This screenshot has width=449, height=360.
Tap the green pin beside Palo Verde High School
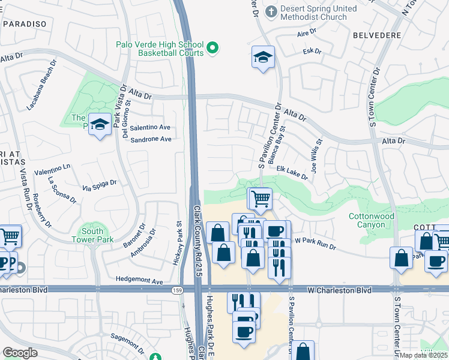coord(212,47)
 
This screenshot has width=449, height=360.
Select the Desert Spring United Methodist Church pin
coord(271,11)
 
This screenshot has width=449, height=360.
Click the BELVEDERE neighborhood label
coord(378,35)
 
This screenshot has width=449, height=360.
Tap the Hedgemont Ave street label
coord(139,281)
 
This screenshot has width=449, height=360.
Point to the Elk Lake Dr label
coord(292,173)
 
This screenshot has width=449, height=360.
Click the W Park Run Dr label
coord(315,244)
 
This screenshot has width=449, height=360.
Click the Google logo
coord(20,353)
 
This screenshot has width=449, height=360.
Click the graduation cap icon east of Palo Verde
coord(263,58)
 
